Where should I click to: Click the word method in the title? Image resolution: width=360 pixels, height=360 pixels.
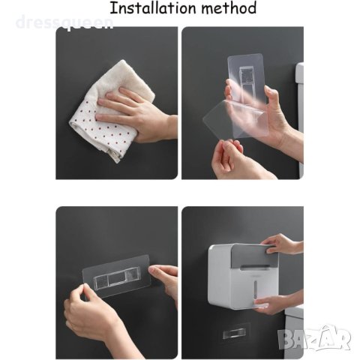[x=229, y=8]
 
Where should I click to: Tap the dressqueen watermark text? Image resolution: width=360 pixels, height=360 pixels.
[x=64, y=22]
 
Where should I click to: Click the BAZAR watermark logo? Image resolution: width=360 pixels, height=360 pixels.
[x=314, y=337]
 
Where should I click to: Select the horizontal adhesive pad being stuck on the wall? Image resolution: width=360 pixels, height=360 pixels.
[x=116, y=275]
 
